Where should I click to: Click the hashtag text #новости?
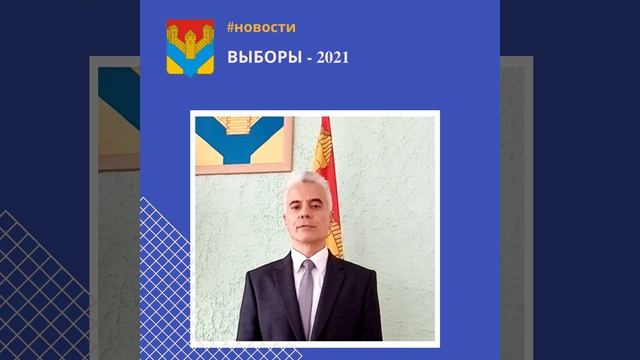click(x=261, y=28)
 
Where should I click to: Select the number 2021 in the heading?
click(x=332, y=57)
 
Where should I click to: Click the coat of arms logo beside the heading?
click(x=190, y=47)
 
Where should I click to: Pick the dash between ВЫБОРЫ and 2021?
click(x=308, y=57)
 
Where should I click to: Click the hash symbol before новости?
click(x=232, y=28)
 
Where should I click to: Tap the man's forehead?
click(x=310, y=193)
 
